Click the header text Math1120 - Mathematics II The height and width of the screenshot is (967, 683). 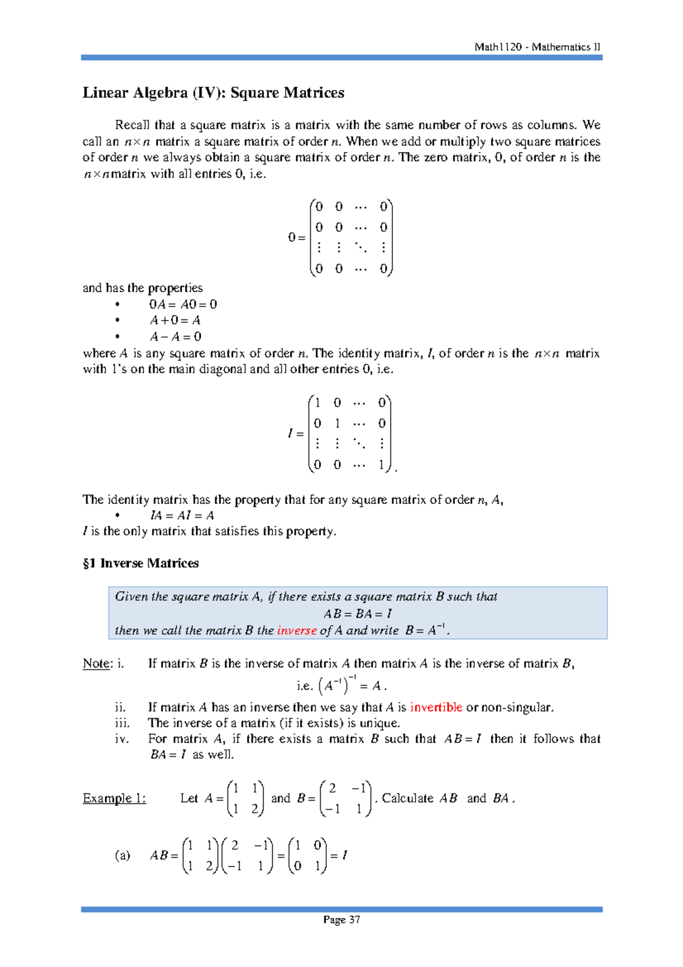click(537, 47)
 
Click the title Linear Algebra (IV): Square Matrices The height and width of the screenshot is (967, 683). click(213, 93)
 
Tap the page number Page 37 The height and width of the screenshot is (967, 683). click(341, 920)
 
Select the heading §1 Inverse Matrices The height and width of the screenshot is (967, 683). click(141, 563)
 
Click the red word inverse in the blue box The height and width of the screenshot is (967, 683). click(297, 630)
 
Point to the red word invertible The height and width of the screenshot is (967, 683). click(436, 707)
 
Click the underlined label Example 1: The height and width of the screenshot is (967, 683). click(114, 798)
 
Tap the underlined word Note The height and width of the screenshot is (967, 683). click(96, 663)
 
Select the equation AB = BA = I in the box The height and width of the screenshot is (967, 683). click(357, 614)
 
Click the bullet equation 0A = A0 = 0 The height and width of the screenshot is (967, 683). click(183, 304)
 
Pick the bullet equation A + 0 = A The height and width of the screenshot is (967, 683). click(175, 320)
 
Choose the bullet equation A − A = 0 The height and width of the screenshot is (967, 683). click(175, 337)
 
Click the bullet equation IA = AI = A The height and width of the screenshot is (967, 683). click(182, 515)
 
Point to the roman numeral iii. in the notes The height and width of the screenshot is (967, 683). click(122, 723)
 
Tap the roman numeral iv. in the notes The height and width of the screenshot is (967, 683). click(122, 739)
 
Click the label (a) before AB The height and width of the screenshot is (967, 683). click(122, 855)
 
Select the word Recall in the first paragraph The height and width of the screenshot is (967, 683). click(133, 125)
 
